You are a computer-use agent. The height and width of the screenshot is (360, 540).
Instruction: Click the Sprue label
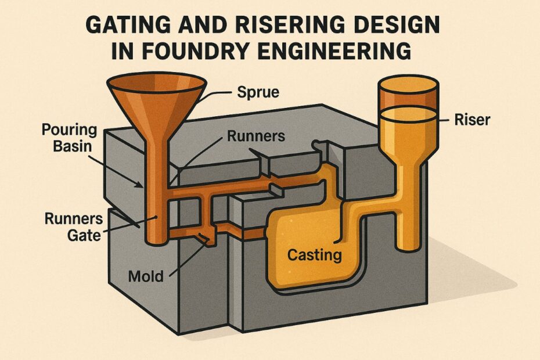pos(257,91)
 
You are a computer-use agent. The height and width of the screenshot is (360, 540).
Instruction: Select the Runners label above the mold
pos(255,136)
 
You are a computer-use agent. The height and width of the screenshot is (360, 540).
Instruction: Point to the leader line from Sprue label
pos(215,95)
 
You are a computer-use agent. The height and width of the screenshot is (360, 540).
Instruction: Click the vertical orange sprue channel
pos(156,192)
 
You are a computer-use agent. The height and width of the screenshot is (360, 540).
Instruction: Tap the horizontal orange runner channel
pos(244,189)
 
